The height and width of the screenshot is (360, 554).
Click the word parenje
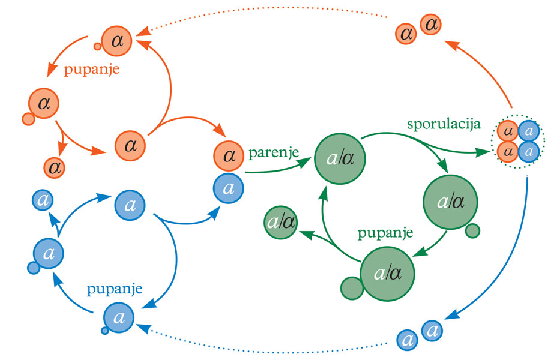point(274,154)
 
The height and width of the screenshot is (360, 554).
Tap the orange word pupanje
point(92,69)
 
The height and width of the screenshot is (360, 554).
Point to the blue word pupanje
point(115,289)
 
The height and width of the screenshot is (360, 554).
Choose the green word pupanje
point(385,233)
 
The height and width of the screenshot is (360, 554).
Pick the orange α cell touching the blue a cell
point(229,156)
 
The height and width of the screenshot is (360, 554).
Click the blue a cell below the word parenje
point(229,188)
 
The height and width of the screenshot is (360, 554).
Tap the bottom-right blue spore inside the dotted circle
point(529,151)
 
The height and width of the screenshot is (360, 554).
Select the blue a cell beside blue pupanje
point(119,317)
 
